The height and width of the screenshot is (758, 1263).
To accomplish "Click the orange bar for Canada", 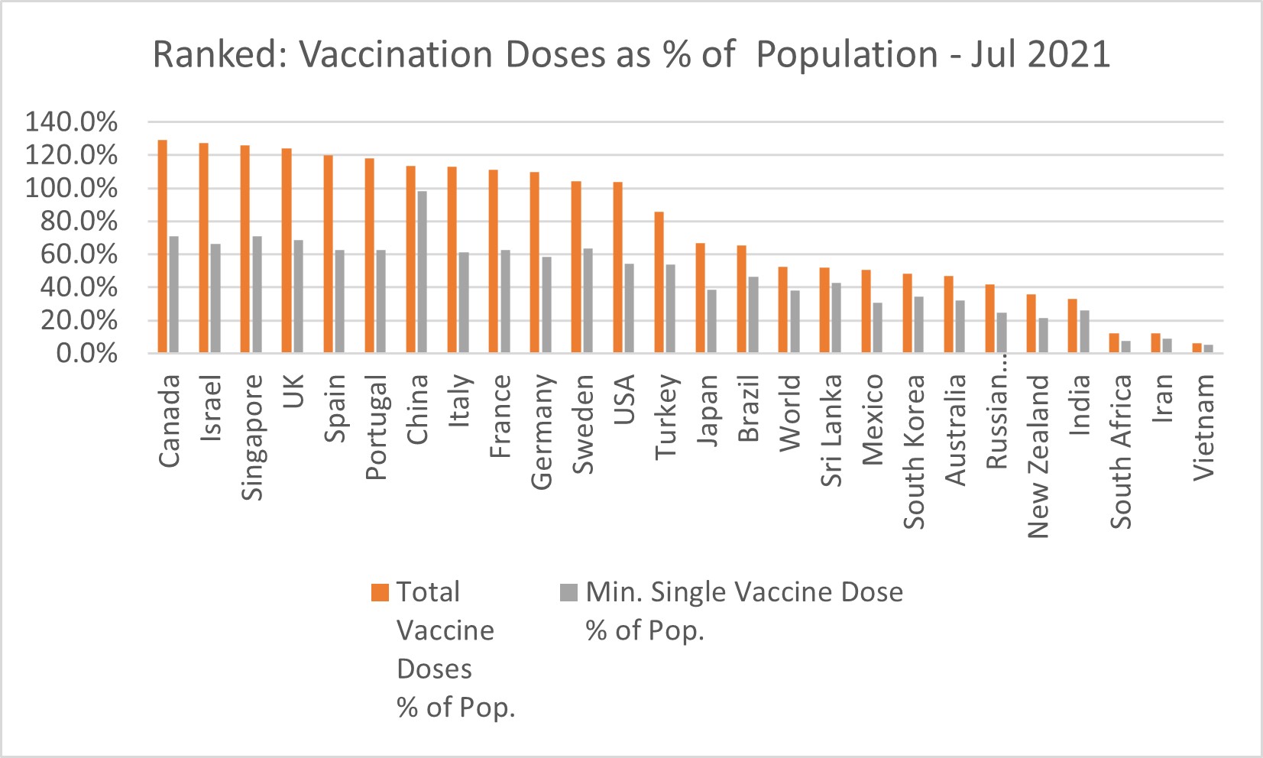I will [163, 246].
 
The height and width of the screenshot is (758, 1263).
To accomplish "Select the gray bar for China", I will [422, 272].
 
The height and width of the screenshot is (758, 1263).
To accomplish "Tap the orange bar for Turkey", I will [659, 282].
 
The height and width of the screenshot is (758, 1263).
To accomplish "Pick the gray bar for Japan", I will [712, 321].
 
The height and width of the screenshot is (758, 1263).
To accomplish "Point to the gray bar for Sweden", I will [588, 300].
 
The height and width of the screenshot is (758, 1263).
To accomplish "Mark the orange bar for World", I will [783, 309].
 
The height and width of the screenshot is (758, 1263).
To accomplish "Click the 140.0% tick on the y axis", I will [72, 122].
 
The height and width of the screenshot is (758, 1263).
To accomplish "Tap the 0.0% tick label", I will [87, 354].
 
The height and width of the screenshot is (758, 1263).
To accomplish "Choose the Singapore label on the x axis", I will [252, 437].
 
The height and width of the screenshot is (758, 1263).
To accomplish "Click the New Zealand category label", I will [1038, 456].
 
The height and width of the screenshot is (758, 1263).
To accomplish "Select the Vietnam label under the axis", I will [1203, 426].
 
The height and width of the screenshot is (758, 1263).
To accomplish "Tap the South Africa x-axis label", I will [1121, 451].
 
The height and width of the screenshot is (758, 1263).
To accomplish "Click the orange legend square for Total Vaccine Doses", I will [380, 593].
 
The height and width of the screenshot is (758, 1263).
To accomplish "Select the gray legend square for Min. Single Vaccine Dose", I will [568, 593].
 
